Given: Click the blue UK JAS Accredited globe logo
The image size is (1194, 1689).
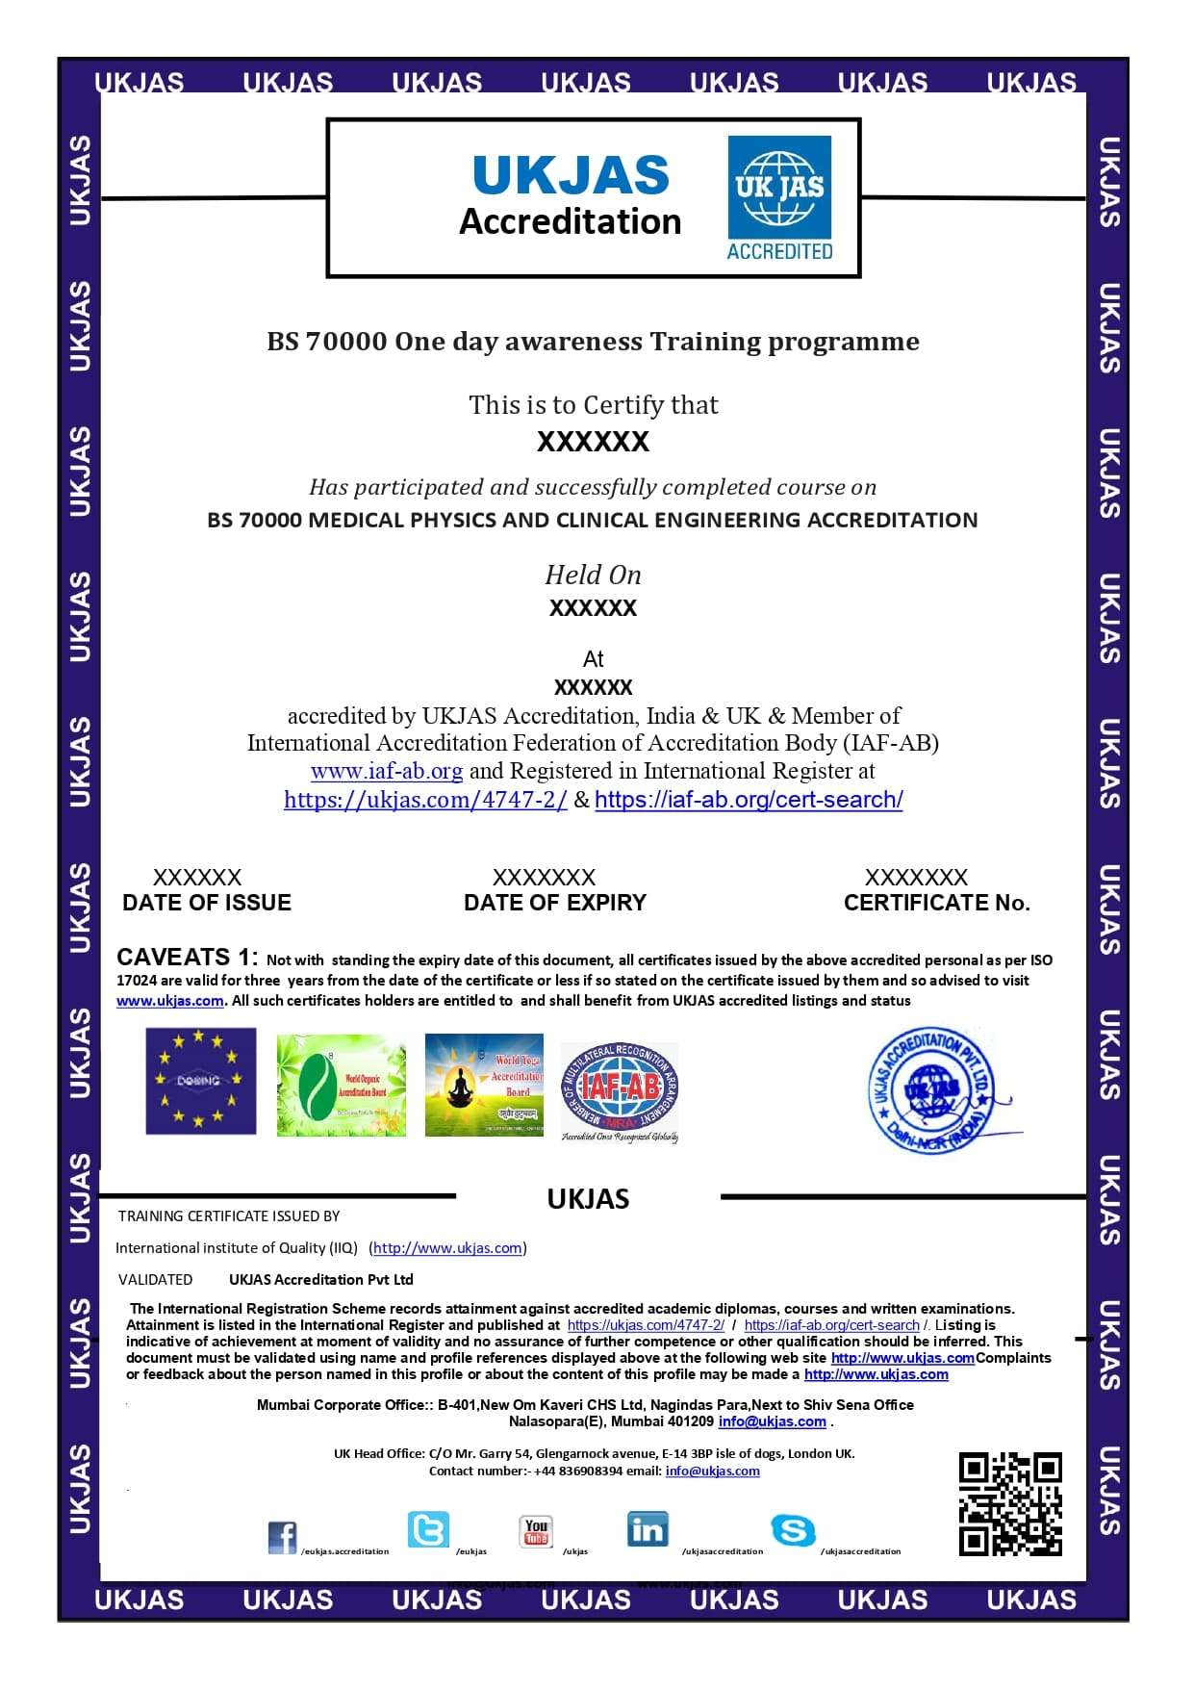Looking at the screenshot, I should pyautogui.click(x=779, y=197).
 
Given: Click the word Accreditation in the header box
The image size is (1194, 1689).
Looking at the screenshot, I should pyautogui.click(x=570, y=222).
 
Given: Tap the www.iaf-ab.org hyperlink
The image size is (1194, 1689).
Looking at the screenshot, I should pyautogui.click(x=387, y=771).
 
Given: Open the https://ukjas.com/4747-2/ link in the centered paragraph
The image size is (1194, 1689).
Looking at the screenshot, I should pyautogui.click(x=425, y=800).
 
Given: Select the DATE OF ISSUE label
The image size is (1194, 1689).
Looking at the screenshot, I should pyautogui.click(x=207, y=903).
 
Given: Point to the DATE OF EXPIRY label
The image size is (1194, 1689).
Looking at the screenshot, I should pyautogui.click(x=555, y=903).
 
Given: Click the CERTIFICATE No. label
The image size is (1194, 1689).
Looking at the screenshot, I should pyautogui.click(x=936, y=903).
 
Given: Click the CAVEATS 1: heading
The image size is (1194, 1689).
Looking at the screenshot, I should pyautogui.click(x=187, y=958).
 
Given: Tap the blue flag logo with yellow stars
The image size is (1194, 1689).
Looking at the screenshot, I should pyautogui.click(x=201, y=1081).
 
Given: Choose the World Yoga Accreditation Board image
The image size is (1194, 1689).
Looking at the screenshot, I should pyautogui.click(x=484, y=1085).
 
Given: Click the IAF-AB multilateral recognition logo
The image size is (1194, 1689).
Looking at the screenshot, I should pyautogui.click(x=621, y=1091).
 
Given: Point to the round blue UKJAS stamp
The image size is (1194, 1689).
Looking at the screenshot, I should pyautogui.click(x=933, y=1090).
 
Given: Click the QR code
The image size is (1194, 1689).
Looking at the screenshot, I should pyautogui.click(x=1010, y=1503).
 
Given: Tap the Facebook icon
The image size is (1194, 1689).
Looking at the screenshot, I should pyautogui.click(x=283, y=1537).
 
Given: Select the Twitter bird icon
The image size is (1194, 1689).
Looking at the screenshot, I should pyautogui.click(x=428, y=1529).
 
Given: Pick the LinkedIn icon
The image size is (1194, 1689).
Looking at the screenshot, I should pyautogui.click(x=648, y=1529).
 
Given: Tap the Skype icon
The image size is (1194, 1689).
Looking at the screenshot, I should pyautogui.click(x=793, y=1530).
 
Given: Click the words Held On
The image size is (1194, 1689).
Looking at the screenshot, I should pyautogui.click(x=593, y=576).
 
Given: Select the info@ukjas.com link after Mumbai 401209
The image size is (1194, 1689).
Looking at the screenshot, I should pyautogui.click(x=772, y=1421).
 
